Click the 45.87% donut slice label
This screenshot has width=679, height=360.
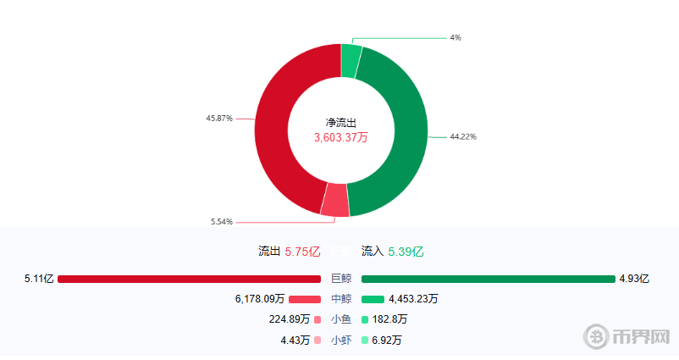point(218,119)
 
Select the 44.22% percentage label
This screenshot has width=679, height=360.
point(463,136)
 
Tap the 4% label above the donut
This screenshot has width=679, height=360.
point(455,38)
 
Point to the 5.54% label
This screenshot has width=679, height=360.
point(222,222)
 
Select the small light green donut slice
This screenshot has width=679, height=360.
point(351,61)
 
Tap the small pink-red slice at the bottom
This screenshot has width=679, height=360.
point(335,199)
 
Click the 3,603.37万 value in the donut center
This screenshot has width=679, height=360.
point(341,137)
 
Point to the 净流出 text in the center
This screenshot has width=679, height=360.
point(341,123)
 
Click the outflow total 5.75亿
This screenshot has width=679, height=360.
point(302,252)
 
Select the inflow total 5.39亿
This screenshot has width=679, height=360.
point(406,252)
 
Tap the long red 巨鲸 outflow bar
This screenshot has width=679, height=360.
point(190,279)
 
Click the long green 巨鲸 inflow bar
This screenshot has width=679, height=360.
point(488,279)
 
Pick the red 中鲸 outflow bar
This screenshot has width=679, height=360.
point(305,299)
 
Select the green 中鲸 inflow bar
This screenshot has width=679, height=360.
point(373,299)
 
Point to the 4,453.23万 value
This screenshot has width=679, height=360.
point(413,299)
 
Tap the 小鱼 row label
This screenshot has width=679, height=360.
point(341,319)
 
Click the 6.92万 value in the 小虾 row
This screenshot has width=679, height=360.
point(387,341)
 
